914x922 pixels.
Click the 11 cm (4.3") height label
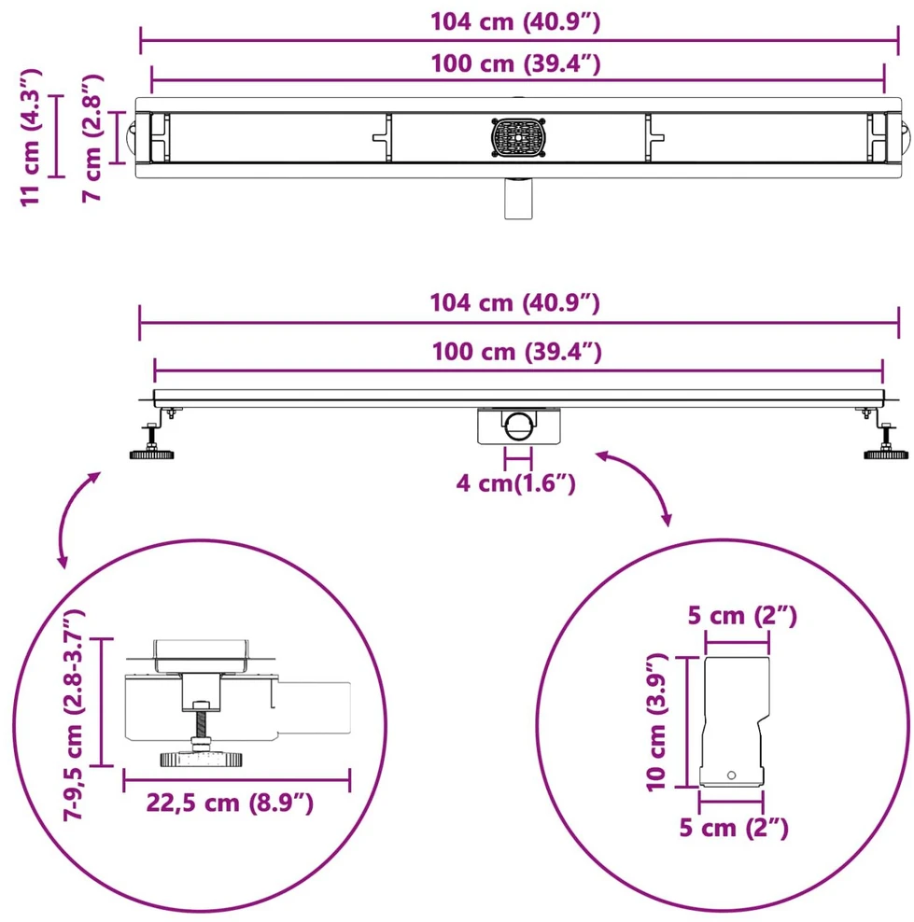click(31, 137)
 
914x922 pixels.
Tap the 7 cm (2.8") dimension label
click(92, 139)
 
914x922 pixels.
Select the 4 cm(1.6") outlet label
click(515, 483)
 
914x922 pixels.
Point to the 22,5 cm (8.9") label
click(230, 803)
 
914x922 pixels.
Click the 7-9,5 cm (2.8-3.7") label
click(74, 714)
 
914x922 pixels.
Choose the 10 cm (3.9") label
click(657, 722)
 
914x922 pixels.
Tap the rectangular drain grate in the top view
click(518, 137)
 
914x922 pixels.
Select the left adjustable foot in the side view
click(153, 437)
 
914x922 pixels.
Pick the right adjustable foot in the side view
click(881, 437)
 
